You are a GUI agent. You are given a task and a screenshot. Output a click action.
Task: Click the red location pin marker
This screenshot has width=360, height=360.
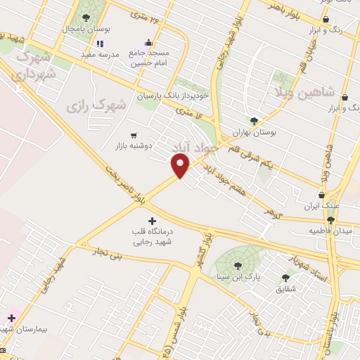[x=181, y=165]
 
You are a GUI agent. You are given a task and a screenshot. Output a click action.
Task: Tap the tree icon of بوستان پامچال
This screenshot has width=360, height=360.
[x=86, y=18]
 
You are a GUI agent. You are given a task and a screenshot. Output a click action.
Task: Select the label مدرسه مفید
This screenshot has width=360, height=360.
[x=96, y=53]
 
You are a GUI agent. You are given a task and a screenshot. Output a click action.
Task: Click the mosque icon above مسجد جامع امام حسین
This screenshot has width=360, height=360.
[x=148, y=43]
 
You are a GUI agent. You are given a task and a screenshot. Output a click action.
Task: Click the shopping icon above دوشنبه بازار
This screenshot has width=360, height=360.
[x=134, y=135]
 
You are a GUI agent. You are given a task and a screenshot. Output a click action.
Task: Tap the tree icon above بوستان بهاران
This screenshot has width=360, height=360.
[x=254, y=120]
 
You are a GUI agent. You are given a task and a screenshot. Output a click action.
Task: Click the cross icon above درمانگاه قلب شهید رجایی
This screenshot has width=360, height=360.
[x=153, y=221]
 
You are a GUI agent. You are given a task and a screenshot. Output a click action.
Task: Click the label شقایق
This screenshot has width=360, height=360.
[x=285, y=288]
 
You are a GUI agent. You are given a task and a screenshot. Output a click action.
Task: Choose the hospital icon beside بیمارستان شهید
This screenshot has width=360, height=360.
[x=12, y=318]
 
